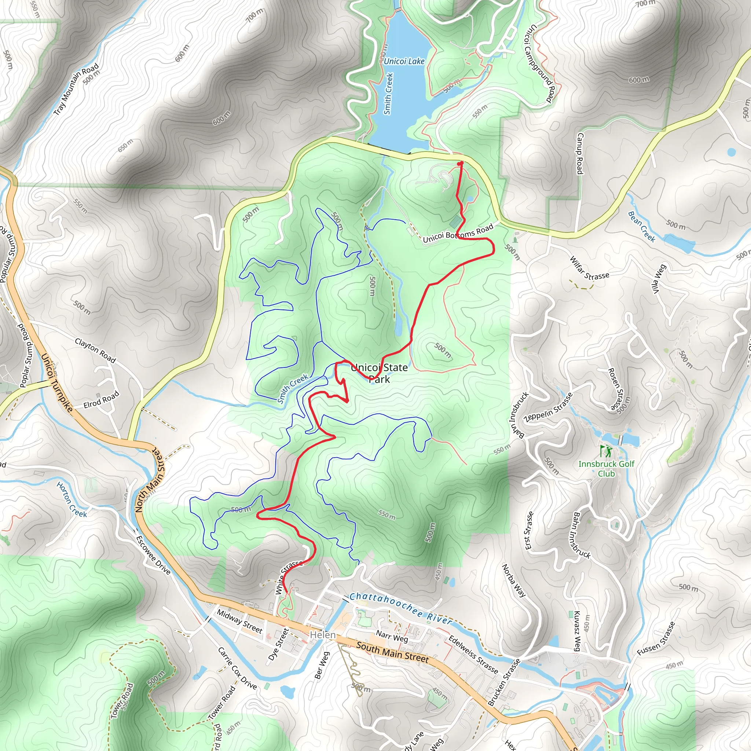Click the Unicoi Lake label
404,61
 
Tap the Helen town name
323,635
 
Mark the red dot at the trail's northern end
460,164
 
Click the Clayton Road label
95,351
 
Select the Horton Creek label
72,500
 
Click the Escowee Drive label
153,555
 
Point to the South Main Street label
392,652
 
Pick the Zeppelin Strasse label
549,407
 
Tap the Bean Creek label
642,227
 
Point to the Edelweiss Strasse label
473,655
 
